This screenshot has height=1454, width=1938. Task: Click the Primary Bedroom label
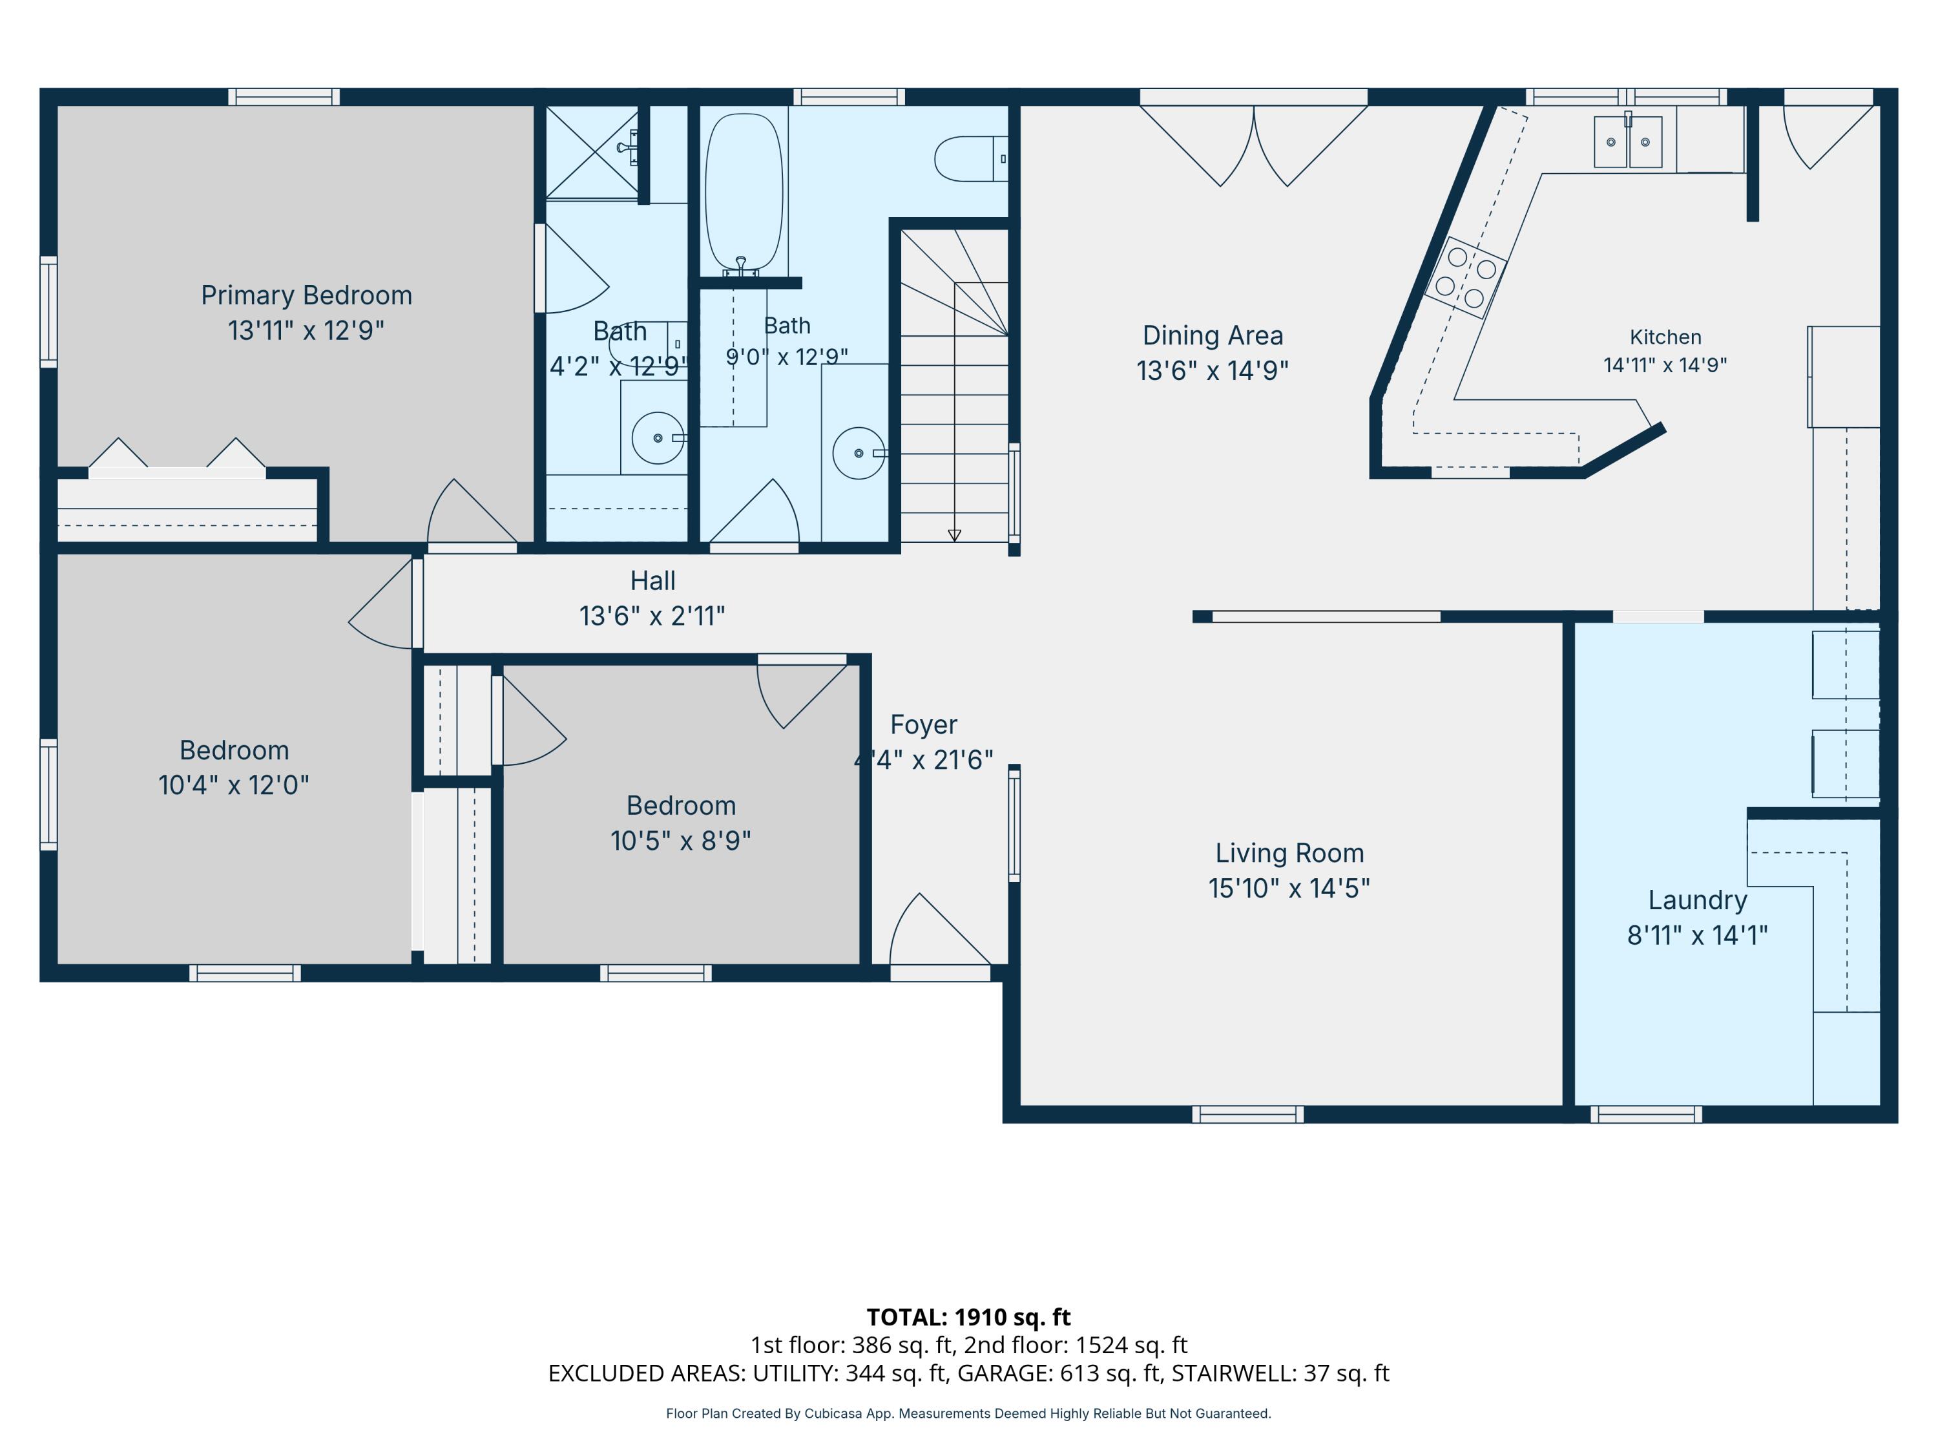click(x=307, y=295)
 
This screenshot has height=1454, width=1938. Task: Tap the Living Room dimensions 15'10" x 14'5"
click(x=1289, y=888)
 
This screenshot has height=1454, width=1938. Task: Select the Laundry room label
click(x=1697, y=900)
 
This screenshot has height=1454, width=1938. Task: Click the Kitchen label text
click(x=1665, y=337)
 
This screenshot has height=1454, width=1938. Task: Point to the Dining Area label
click(x=1213, y=335)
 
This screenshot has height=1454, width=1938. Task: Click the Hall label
click(x=652, y=580)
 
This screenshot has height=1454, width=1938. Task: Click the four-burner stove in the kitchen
click(x=1465, y=277)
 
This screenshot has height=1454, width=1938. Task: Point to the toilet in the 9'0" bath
click(x=971, y=158)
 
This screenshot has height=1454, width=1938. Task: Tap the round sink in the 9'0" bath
click(x=859, y=453)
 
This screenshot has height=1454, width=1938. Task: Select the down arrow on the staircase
click(x=954, y=536)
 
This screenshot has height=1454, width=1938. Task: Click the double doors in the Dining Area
click(x=1254, y=145)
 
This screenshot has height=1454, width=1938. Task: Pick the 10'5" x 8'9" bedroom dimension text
click(x=681, y=841)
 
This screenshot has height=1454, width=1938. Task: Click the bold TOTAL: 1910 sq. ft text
click(x=968, y=1317)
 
